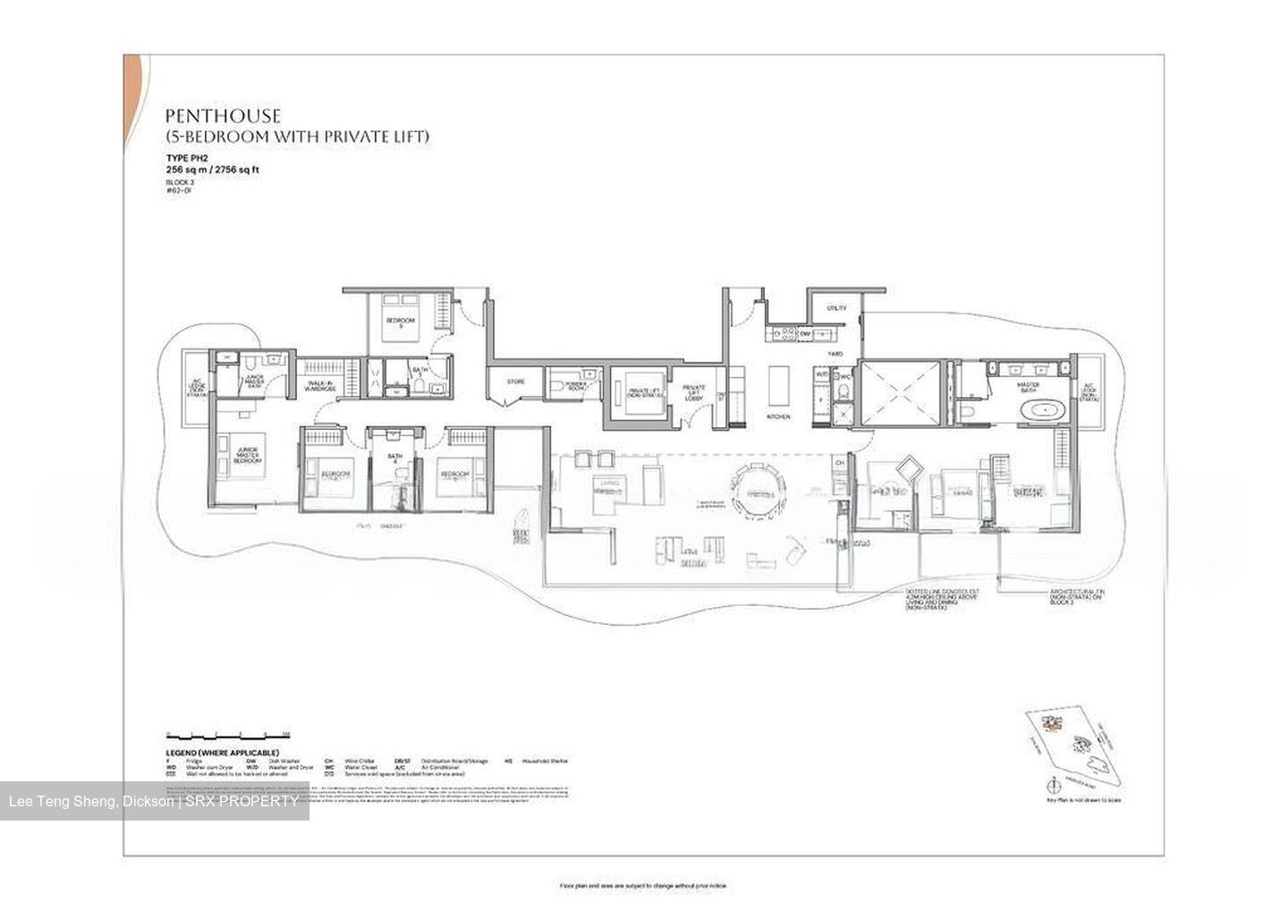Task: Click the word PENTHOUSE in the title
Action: click(223, 116)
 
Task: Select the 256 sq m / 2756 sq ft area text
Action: click(212, 169)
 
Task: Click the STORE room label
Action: click(516, 382)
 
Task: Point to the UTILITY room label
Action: click(836, 308)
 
